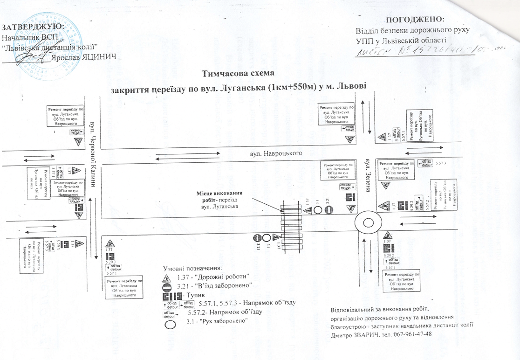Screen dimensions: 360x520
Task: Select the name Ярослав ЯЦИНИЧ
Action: (83, 56)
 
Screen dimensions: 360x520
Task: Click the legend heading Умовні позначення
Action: (193, 268)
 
